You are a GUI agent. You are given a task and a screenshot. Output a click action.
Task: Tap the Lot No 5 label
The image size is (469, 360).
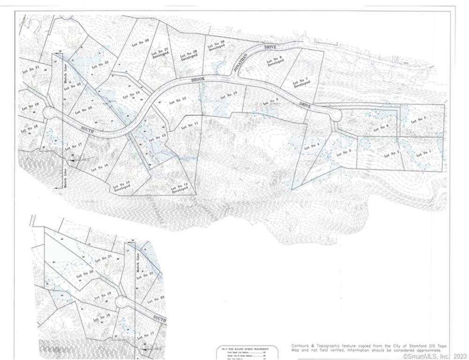(x=418, y=121)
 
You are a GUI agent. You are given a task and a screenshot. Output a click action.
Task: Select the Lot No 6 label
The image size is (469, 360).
(x=381, y=127)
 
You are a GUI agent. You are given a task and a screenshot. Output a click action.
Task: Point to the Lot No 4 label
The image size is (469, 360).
(x=312, y=145)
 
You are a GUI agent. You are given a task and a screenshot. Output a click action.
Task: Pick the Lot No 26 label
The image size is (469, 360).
(x=140, y=41)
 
